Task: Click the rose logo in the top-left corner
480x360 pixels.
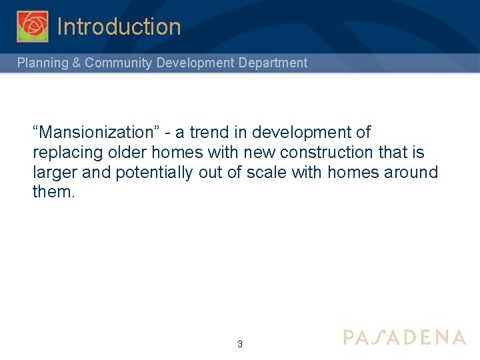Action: coord(32,27)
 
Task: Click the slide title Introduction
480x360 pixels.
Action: coord(119,27)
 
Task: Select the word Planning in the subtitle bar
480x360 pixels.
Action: coord(41,63)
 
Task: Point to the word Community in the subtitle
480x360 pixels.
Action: coord(119,63)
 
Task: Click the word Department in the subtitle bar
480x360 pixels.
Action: coord(273,63)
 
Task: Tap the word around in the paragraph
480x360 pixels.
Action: coord(411,173)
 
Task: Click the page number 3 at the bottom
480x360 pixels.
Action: coord(240,345)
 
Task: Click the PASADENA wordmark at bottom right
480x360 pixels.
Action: coord(404,337)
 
